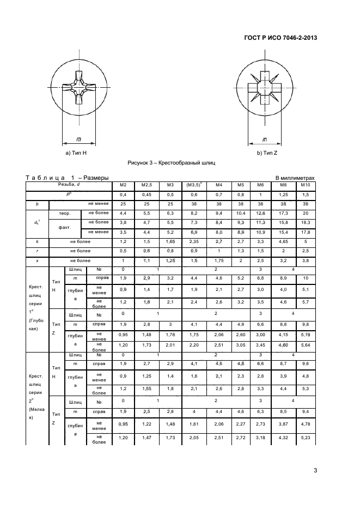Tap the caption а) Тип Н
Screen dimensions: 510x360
(76, 154)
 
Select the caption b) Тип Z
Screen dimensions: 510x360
(267, 154)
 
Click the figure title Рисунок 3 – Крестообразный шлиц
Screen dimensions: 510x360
(172, 163)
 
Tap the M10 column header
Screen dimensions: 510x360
(305, 185)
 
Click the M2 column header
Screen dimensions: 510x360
(123, 185)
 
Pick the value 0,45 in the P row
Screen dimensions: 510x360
(147, 195)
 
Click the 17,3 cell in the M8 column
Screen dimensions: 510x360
(283, 212)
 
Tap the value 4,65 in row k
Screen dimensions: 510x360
(283, 241)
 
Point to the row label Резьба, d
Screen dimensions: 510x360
(69, 185)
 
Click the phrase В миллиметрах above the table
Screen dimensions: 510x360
(295, 178)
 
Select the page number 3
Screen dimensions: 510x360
(315, 471)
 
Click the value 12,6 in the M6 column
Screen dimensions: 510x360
(260, 212)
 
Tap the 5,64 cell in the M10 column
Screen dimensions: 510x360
(305, 345)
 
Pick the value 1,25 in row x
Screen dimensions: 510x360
(170, 260)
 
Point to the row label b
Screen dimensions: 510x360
(37, 203)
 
